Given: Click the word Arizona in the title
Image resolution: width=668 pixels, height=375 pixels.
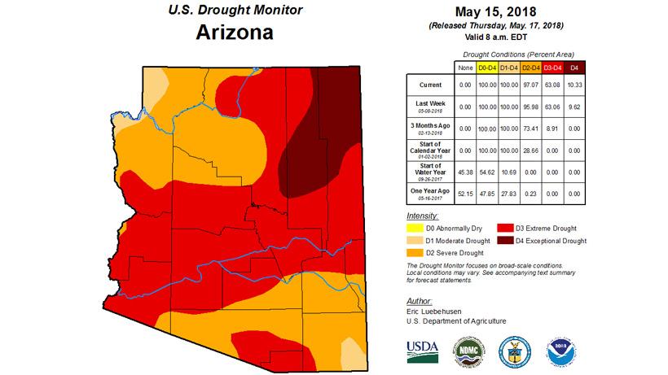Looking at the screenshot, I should (x=234, y=33).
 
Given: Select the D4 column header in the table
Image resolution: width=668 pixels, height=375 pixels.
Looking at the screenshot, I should (x=574, y=67).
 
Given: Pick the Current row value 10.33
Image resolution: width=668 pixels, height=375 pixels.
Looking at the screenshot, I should (x=574, y=85).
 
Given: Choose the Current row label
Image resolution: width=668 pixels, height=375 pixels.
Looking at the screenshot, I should (x=431, y=85).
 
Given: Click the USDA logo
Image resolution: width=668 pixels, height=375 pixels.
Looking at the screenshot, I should (x=422, y=349).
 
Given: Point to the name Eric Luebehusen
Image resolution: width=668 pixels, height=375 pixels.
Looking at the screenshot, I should (x=436, y=312).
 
